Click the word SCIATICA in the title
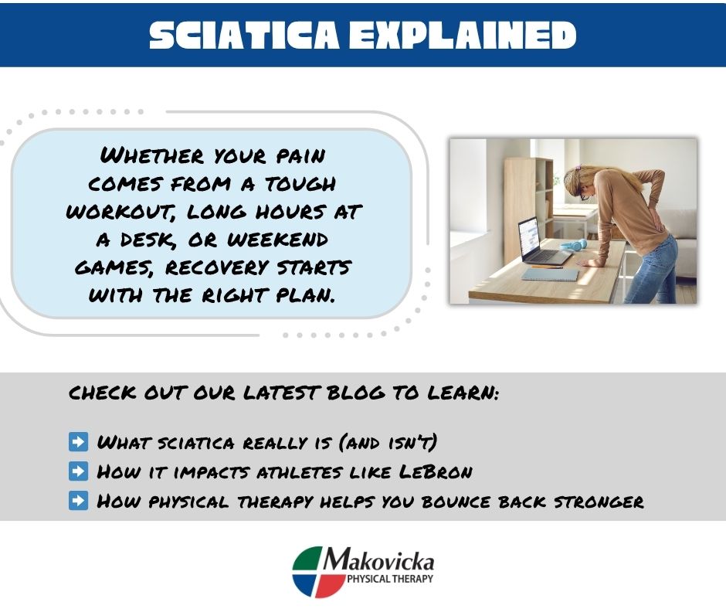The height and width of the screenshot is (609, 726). tap(244, 35)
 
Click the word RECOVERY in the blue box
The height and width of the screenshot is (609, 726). tap(217, 267)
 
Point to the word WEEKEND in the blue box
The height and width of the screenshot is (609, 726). tap(277, 240)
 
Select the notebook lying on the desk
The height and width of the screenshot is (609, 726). tap(550, 275)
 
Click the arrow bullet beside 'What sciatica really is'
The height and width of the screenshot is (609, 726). tap(78, 441)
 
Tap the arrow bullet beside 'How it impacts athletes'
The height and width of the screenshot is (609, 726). tap(78, 471)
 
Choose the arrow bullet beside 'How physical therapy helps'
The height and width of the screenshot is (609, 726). tap(78, 501)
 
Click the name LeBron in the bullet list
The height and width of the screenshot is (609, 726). tap(436, 471)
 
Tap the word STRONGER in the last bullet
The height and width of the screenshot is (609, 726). tap(599, 502)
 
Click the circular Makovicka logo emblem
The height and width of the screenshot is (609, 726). tap(320, 571)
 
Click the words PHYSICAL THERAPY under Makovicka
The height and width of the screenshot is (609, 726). tap(390, 578)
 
